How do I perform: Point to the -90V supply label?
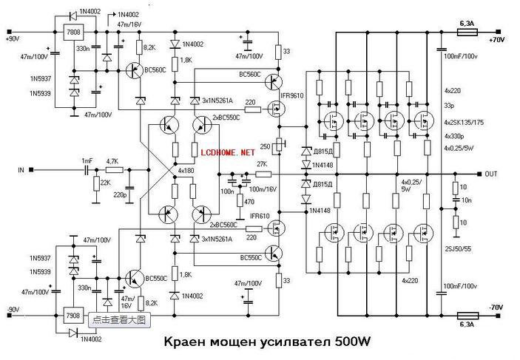[x=13, y=309]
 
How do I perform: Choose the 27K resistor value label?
[x=261, y=165]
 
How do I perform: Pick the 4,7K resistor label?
[x=112, y=160]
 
